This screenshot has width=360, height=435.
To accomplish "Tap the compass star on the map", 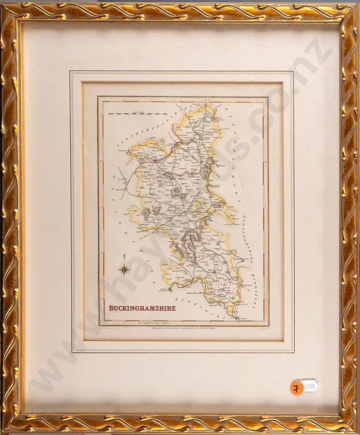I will point(124,269).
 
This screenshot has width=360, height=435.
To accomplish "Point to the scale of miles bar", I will point(137,113).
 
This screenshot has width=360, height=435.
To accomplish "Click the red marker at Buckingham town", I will point(155,161).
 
